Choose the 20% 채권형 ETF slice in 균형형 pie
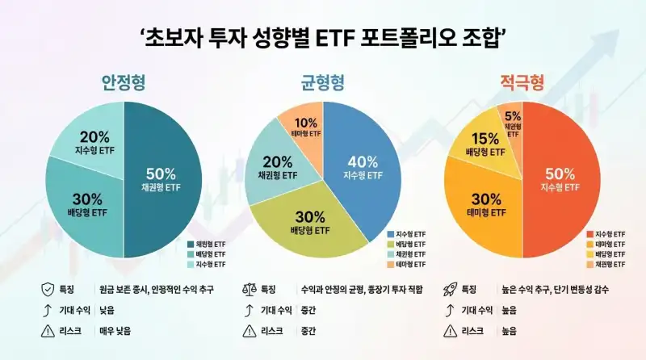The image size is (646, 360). (x=277, y=168)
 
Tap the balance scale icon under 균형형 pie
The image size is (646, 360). (x=249, y=288)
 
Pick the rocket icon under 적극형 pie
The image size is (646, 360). (x=451, y=288)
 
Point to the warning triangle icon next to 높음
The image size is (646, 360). (x=451, y=330)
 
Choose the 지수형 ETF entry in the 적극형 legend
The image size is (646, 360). (x=609, y=234)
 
